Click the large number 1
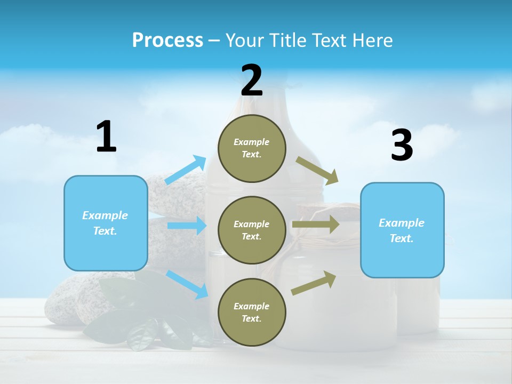106,137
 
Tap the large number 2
252,81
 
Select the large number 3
402,146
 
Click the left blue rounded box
106,223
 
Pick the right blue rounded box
402,230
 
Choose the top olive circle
252,148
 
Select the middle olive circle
252,230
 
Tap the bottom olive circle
252,313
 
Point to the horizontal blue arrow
187,226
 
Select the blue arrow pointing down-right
187,284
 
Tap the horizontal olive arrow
316,224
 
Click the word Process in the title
167,40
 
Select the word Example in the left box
105,215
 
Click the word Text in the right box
401,238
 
